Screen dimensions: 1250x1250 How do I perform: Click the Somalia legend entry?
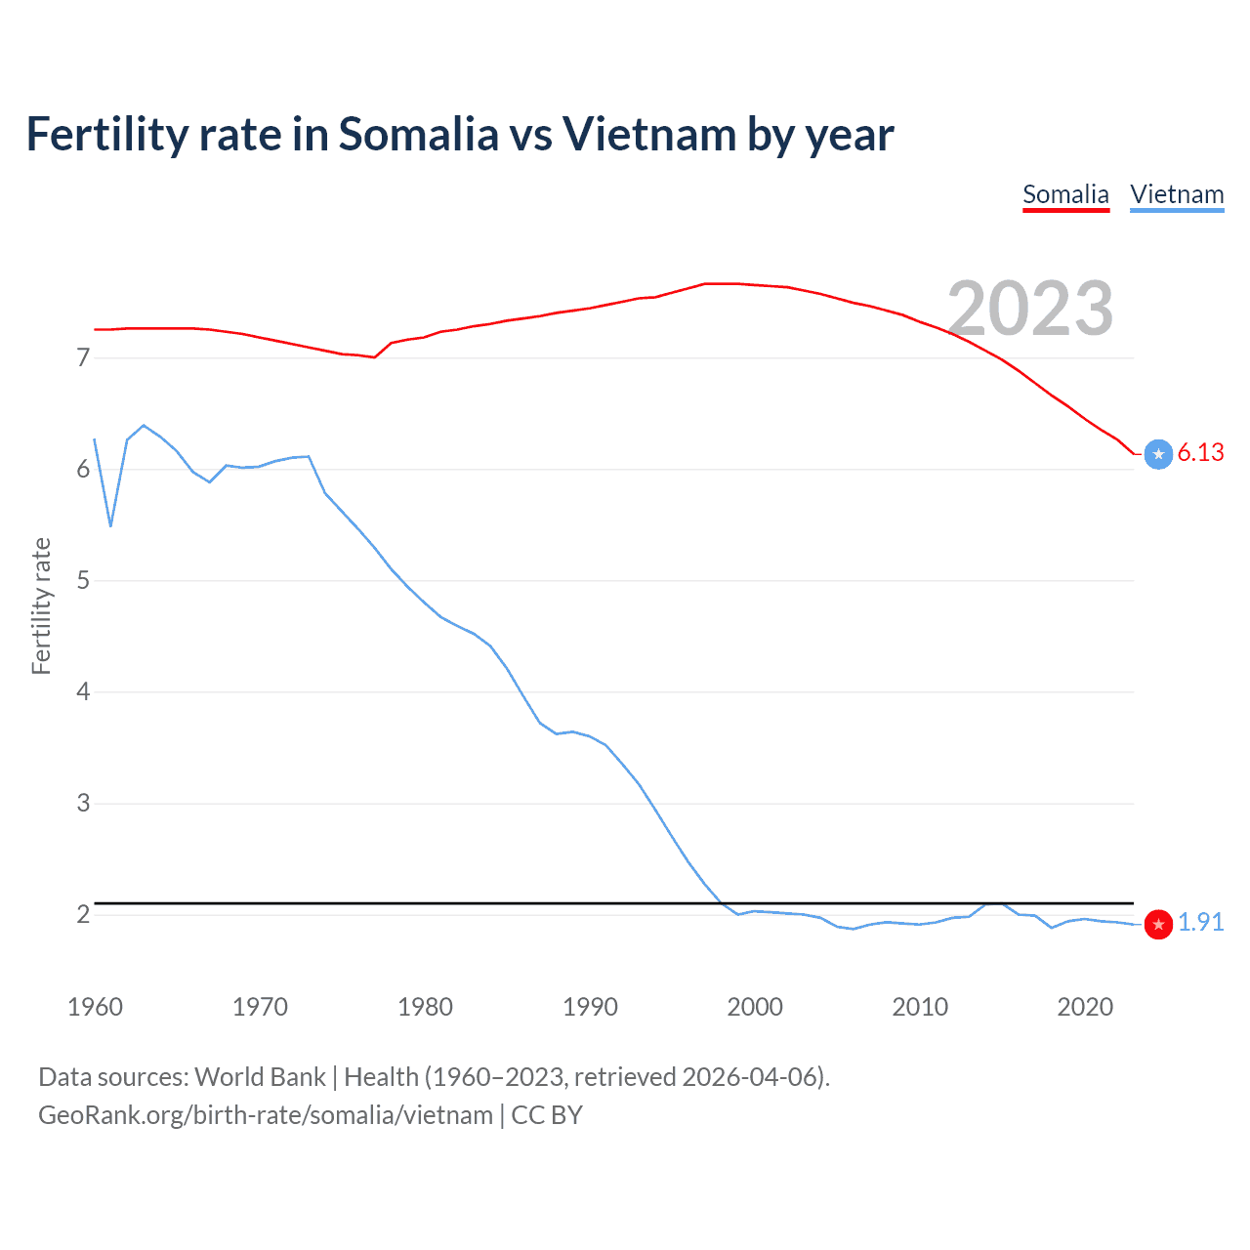[1065, 194]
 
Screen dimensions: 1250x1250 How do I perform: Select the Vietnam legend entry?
[1177, 194]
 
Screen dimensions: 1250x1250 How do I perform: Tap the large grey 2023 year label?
[1030, 309]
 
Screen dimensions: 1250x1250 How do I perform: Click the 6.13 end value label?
[1200, 452]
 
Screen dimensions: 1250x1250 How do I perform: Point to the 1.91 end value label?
[1200, 922]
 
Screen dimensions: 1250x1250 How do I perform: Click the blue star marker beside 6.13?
[1158, 454]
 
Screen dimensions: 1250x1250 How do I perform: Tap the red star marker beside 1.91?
[1158, 924]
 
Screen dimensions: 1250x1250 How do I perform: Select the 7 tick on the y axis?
[83, 358]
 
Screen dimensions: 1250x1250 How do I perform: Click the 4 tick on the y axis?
[83, 692]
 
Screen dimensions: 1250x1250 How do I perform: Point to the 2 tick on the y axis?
[83, 915]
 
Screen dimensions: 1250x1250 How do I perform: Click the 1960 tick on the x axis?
[95, 1007]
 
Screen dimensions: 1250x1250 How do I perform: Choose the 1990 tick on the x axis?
[590, 1007]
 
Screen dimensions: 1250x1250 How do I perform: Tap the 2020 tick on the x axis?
[1085, 1007]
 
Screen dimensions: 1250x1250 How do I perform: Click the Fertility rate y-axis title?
[41, 605]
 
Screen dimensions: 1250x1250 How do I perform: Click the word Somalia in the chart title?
[418, 135]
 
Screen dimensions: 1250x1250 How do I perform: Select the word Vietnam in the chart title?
[648, 135]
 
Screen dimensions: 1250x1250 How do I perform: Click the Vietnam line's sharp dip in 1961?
[110, 525]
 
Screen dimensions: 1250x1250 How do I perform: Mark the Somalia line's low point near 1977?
[374, 357]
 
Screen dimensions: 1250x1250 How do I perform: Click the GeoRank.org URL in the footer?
[265, 1115]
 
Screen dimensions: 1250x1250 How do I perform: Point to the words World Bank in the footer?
[260, 1077]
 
